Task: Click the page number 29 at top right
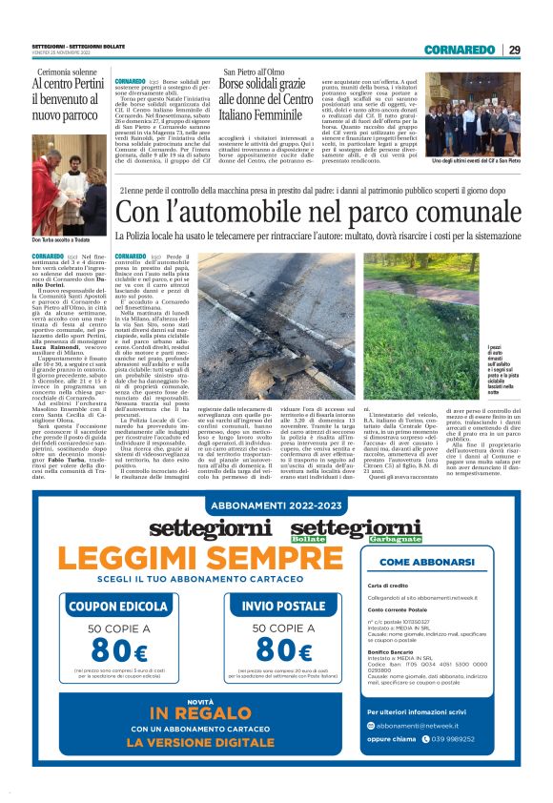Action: click(514, 50)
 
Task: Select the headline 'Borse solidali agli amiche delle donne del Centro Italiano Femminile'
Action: click(268, 97)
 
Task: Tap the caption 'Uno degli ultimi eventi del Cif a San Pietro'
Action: click(473, 162)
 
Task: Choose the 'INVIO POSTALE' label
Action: click(283, 606)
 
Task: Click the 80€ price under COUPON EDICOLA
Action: click(118, 650)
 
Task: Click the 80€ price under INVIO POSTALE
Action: click(283, 650)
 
